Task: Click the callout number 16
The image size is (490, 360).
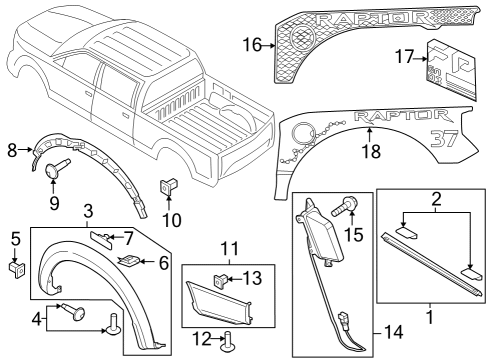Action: [x=250, y=44]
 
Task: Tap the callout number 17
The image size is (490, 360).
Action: [x=403, y=59]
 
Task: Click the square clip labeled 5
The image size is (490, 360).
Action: [x=15, y=270]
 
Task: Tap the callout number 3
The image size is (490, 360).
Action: [x=89, y=211]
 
